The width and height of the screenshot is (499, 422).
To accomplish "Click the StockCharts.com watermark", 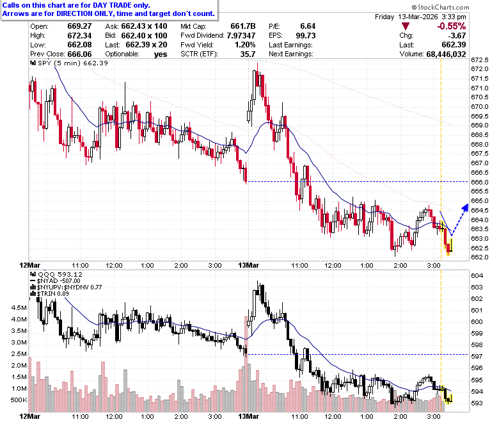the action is [x=440, y=7].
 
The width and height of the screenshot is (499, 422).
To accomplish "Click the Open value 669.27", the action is [x=79, y=26].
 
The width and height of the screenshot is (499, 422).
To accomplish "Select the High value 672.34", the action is [x=79, y=35].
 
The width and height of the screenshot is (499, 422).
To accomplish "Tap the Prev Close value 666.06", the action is [x=79, y=54].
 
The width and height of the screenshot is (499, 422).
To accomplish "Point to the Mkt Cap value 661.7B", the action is [x=243, y=26].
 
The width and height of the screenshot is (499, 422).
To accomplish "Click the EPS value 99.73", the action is [x=306, y=35].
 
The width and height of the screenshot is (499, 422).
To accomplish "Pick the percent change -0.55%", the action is [x=451, y=26].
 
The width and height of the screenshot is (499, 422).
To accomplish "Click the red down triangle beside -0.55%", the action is [x=405, y=26].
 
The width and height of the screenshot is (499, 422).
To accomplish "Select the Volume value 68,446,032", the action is [x=446, y=54].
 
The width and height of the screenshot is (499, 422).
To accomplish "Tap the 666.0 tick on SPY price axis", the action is [x=480, y=182].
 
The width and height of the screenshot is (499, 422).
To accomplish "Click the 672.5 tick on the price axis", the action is [x=480, y=60].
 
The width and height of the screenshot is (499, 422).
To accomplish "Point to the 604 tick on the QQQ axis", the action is [x=477, y=276].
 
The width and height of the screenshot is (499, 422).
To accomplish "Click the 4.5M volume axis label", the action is [x=19, y=307].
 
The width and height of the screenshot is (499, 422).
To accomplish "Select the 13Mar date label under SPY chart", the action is [x=249, y=265].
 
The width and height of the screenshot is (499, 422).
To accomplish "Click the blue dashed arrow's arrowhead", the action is [x=465, y=208].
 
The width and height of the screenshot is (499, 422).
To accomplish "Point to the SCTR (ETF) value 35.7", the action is [x=248, y=54].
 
